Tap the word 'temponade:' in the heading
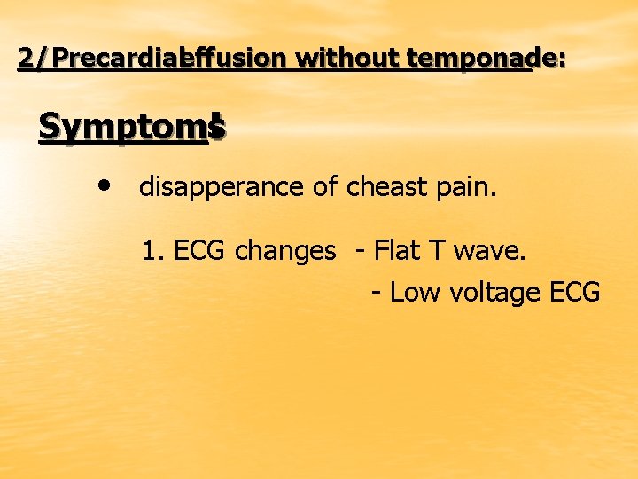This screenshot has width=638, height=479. tap(475, 59)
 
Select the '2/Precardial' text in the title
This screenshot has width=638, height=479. tap(106, 59)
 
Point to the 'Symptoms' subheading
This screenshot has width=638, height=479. tap(132, 129)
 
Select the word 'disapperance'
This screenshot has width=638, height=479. tap(211, 187)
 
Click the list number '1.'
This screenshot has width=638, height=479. tap(153, 251)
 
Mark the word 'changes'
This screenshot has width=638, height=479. tap(285, 251)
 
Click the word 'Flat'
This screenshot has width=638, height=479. tap(399, 251)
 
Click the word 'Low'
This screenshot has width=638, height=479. tap(411, 291)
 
